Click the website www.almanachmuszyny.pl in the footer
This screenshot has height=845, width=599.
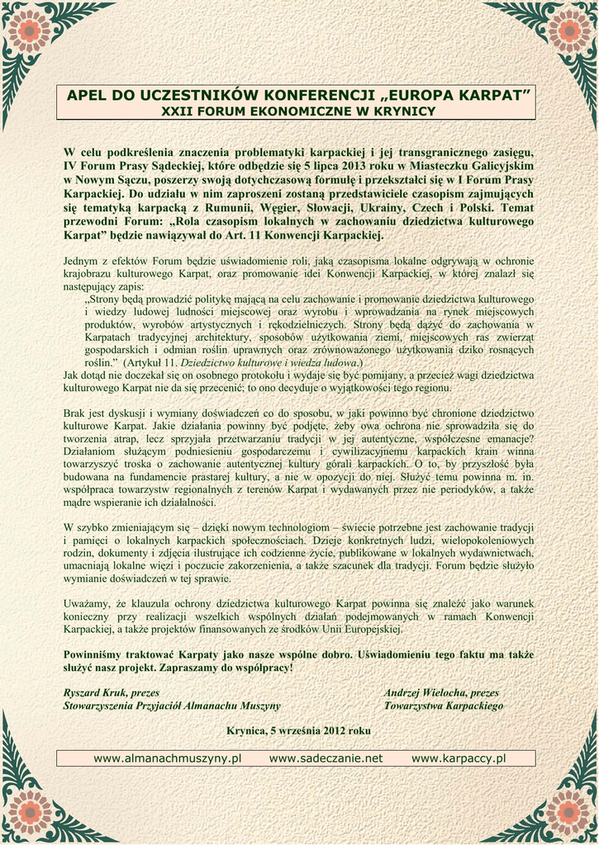pos(167,758)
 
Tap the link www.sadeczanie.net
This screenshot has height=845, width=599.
pos(326,758)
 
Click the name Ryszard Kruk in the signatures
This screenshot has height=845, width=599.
pos(99,693)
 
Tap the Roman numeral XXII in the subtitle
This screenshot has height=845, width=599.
pos(175,111)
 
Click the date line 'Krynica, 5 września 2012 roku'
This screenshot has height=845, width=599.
pos(298,730)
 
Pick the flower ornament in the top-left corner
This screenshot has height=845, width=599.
pos(30,28)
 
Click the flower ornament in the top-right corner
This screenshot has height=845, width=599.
pos(569,28)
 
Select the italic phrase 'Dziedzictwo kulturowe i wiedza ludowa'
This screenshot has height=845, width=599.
pos(269,362)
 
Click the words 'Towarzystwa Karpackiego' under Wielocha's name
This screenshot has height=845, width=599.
pos(443,706)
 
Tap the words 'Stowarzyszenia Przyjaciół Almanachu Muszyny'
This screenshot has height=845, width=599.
pos(172,706)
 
